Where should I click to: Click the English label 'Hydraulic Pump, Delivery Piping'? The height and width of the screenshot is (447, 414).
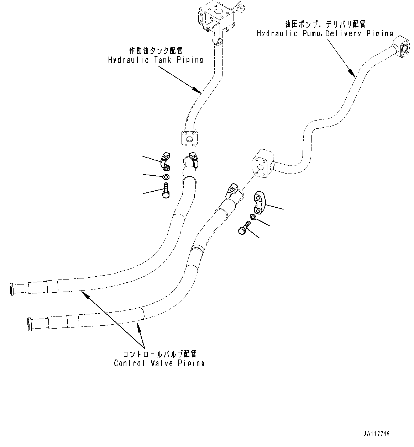click(325, 33)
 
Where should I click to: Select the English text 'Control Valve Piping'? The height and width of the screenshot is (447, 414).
click(159, 363)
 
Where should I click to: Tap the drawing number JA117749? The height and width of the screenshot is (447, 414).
click(377, 434)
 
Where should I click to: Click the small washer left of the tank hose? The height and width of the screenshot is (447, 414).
click(166, 177)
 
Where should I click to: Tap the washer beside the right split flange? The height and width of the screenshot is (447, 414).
click(252, 217)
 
